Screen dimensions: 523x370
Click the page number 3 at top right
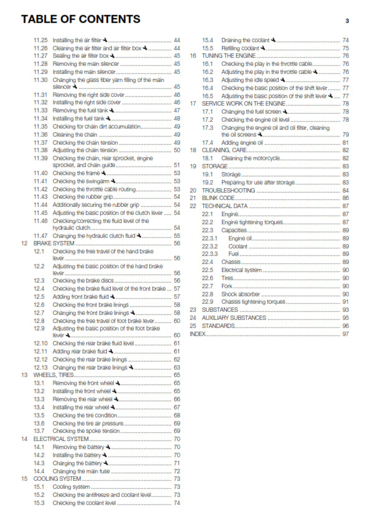347,20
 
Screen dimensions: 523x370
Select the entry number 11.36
40,134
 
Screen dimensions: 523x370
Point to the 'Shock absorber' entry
240,294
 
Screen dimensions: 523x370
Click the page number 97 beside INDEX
346,334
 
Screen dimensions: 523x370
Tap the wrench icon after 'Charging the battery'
106,463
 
